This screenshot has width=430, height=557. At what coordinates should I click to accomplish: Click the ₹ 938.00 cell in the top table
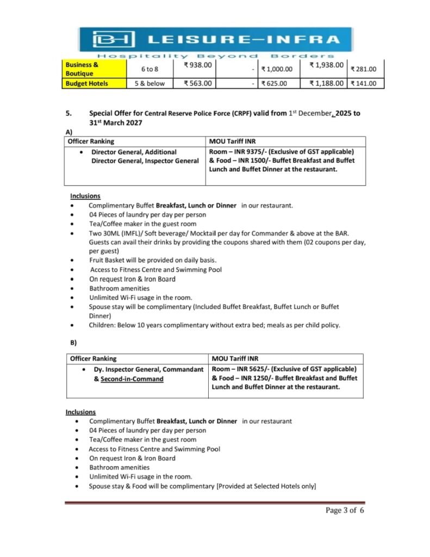(198, 65)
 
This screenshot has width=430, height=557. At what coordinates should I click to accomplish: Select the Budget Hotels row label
(86, 83)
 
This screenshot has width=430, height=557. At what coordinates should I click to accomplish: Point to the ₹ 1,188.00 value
(326, 83)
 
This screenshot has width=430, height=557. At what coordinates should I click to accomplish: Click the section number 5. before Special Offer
(69, 114)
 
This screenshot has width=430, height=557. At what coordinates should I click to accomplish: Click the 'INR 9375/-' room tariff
(250, 152)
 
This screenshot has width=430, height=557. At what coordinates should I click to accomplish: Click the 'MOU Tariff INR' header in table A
(232, 141)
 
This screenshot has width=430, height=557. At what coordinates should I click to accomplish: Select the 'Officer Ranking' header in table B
(94, 358)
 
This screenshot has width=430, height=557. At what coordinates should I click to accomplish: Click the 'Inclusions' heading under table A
(85, 196)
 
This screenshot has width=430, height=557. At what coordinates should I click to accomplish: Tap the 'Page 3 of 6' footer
(345, 510)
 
